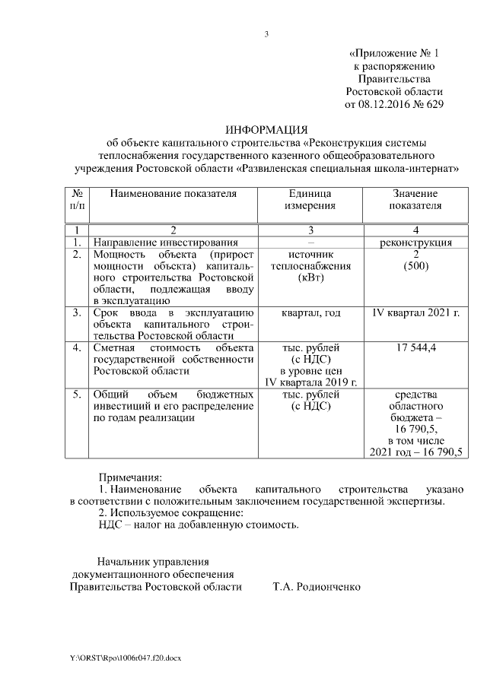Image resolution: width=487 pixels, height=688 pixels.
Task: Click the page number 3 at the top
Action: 266,34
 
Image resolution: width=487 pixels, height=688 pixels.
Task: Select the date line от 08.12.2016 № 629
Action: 393,104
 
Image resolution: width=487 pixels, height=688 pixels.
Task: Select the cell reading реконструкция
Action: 415,243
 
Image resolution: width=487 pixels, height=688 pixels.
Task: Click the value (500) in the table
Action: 415,267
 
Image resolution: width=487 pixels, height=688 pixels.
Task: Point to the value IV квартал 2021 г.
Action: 415,312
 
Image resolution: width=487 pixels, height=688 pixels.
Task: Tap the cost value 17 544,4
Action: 415,347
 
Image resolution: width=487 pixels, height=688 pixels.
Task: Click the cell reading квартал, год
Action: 310,312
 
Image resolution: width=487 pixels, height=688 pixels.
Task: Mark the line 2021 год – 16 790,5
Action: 415,453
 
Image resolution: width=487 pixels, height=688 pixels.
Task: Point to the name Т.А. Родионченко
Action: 317,587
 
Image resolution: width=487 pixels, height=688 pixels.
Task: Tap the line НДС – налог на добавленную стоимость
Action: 199,525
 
